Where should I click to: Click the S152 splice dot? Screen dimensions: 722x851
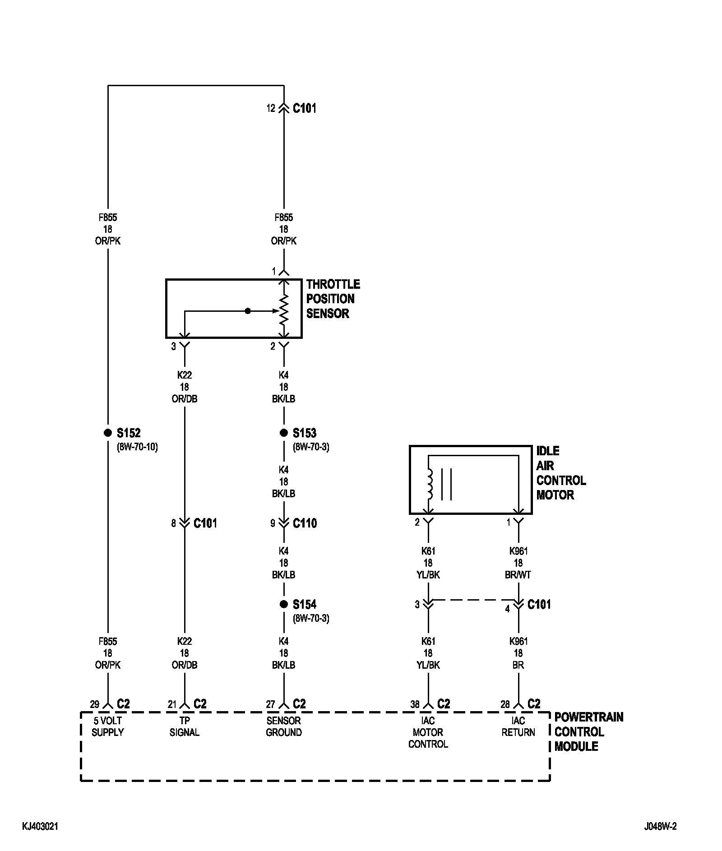(107, 433)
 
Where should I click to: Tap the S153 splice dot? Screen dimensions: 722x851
(283, 433)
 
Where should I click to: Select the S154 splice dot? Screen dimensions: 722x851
(283, 604)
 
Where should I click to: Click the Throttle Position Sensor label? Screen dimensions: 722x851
(333, 299)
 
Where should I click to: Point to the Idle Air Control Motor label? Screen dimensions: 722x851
(561, 473)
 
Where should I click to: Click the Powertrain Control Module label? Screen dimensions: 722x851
(588, 731)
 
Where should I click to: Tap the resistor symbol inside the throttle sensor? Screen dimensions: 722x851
(283, 310)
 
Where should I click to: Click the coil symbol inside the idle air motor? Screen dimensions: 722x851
(429, 484)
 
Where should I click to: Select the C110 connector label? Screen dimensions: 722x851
(305, 523)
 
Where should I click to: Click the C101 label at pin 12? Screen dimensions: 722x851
(305, 108)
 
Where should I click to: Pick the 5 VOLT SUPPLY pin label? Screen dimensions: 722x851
(107, 726)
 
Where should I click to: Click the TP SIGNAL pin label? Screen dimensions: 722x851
(184, 726)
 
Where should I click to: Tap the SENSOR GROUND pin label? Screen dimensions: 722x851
(283, 726)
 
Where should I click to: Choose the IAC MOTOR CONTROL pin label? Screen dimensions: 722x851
(428, 732)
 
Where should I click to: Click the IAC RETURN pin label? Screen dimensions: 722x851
(518, 726)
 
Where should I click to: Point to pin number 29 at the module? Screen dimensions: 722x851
(94, 704)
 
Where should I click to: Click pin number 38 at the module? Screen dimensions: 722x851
(415, 704)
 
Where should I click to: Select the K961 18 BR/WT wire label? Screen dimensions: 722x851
(518, 563)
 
